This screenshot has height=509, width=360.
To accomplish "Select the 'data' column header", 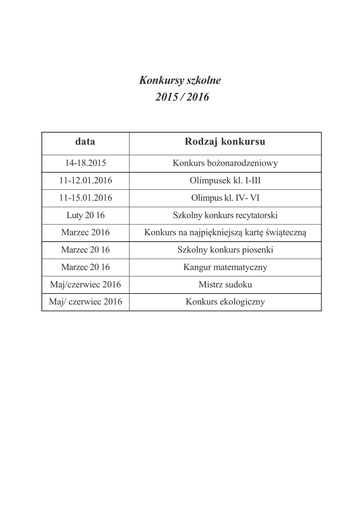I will point(85,142).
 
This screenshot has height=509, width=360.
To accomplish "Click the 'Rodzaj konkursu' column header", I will point(225,142).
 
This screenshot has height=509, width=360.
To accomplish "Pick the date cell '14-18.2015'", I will point(85,163).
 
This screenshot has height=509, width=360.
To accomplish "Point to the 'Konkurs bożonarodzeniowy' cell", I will point(225,163).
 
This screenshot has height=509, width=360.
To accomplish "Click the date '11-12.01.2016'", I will point(85,180).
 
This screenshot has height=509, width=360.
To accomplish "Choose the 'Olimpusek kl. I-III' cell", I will point(225,180).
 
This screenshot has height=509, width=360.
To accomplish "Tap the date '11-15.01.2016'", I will point(85,198).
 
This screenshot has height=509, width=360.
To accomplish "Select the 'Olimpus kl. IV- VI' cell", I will point(225,198).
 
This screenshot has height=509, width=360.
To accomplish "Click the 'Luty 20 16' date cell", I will point(85,215).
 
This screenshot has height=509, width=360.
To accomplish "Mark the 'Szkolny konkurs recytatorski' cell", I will point(225,215).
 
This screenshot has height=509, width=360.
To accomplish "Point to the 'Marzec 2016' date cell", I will point(85,233).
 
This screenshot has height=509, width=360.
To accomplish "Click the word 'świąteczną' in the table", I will point(288,233).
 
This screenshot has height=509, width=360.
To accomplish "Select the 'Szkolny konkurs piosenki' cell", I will point(225,250).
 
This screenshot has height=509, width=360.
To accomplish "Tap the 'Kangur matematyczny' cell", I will point(225,267).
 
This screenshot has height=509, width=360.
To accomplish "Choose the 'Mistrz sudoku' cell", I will point(225,285).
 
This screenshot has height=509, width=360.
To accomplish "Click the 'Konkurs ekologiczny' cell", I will point(225,302).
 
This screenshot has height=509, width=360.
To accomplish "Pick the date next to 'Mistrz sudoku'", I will point(85,285).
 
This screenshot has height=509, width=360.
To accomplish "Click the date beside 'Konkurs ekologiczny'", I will point(85,302).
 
